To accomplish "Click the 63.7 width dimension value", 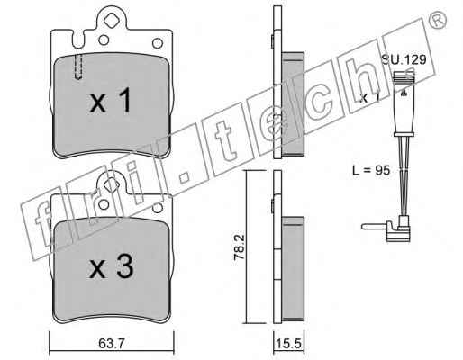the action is click(111, 344).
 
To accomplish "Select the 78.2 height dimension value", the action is click(240, 247).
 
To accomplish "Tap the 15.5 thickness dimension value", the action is click(288, 344).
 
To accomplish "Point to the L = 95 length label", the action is click(371, 170).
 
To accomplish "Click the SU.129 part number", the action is click(404, 59).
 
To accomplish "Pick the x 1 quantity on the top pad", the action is click(111, 100).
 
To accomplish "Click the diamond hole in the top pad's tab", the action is click(110, 20).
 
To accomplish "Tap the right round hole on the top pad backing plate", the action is click(158, 43).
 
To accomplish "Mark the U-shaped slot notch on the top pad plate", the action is click(77, 40).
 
